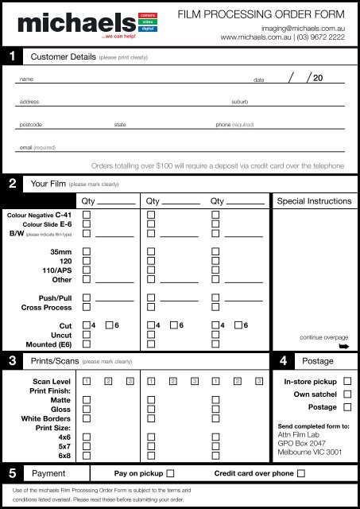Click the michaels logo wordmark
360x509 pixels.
point(68,23)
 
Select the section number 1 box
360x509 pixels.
point(9,56)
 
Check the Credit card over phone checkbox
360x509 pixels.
point(301,473)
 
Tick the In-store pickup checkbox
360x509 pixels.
point(346,382)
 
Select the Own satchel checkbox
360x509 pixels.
point(346,394)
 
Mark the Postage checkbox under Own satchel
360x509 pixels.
point(346,407)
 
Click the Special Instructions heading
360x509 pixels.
point(313,202)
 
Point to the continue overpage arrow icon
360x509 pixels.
point(343,347)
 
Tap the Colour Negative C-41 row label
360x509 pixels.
point(40,215)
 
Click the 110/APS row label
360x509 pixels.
point(55,269)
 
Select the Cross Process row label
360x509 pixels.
point(47,306)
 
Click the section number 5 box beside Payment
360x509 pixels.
point(9,473)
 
